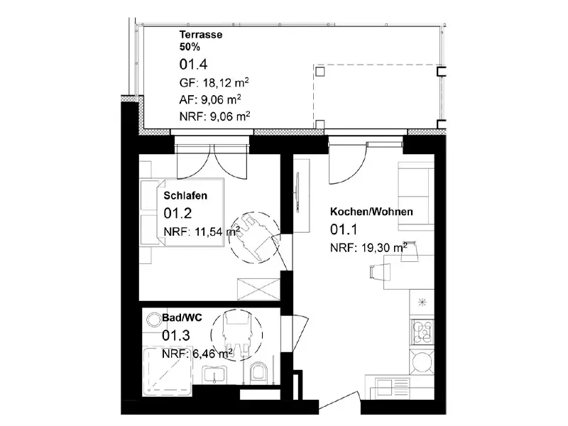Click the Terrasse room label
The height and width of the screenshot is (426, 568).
click(x=201, y=35)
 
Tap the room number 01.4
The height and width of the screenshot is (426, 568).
click(x=193, y=65)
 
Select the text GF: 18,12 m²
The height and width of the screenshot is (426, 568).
click(x=214, y=82)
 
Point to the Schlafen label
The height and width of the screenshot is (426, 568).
click(x=185, y=196)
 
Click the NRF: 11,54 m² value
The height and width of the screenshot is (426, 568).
click(x=202, y=231)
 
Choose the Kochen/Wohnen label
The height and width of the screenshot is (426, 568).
click(x=371, y=212)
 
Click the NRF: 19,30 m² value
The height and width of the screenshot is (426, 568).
click(x=368, y=248)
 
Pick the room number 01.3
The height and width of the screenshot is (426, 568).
click(x=175, y=335)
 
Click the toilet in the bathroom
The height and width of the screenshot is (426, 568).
click(x=258, y=371)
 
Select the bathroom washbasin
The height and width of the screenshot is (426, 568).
click(x=215, y=375)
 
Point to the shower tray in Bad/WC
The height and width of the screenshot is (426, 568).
click(x=168, y=371)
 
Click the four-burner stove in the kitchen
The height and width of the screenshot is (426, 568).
click(x=422, y=332)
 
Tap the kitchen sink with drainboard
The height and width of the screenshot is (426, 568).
click(x=393, y=388)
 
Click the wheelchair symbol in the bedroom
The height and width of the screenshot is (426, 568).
click(x=254, y=237)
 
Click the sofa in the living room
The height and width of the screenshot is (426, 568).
click(x=416, y=197)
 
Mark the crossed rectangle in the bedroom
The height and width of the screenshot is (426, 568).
click(x=258, y=289)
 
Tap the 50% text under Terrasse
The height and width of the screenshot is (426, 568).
click(x=190, y=47)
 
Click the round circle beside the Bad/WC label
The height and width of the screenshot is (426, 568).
click(x=153, y=320)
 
